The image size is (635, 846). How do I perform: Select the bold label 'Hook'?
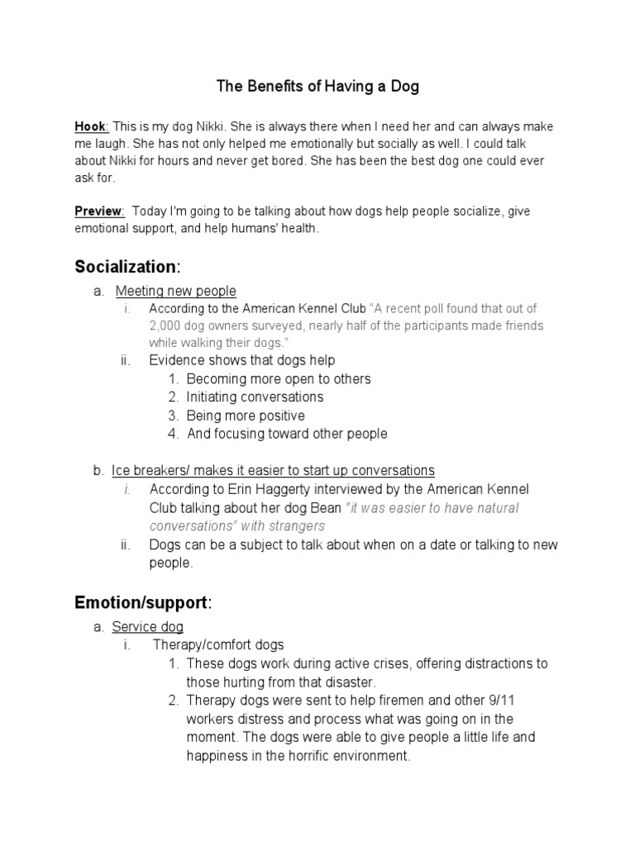(x=89, y=126)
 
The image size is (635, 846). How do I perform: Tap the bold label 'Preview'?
(x=98, y=211)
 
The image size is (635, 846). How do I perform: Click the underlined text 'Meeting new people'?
(x=175, y=291)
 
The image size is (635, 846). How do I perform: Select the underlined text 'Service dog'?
(x=148, y=627)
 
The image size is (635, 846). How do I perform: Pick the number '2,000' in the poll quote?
(x=166, y=326)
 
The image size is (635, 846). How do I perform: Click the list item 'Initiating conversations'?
(x=255, y=397)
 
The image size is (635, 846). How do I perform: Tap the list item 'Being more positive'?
(x=246, y=416)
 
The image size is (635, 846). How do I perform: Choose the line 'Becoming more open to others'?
(x=279, y=379)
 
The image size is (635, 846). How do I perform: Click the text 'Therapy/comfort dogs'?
(x=218, y=645)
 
